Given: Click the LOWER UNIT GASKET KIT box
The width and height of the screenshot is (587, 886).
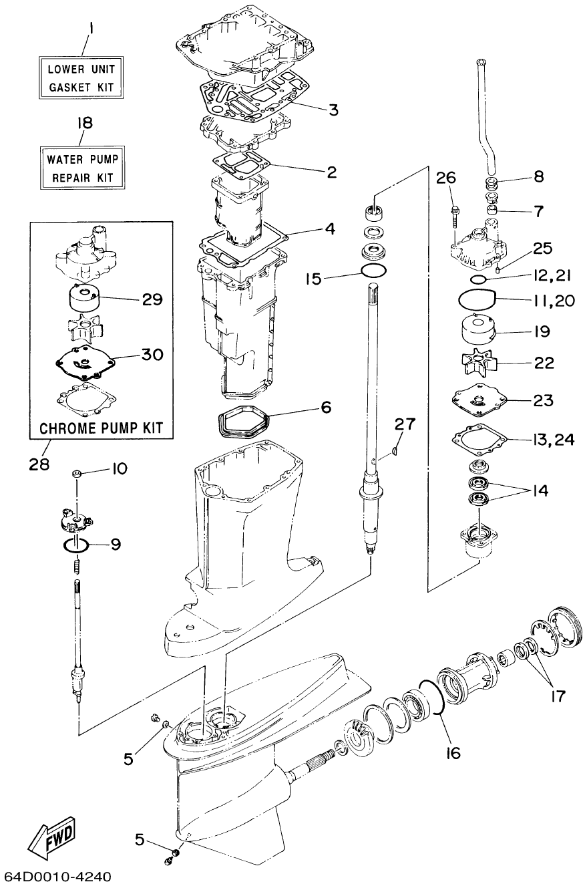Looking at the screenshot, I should (81, 78).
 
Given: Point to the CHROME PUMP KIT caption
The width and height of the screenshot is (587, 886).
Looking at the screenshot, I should (102, 427).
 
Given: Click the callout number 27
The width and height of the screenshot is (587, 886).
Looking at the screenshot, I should (405, 424).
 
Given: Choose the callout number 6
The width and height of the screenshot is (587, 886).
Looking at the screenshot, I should (325, 407).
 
